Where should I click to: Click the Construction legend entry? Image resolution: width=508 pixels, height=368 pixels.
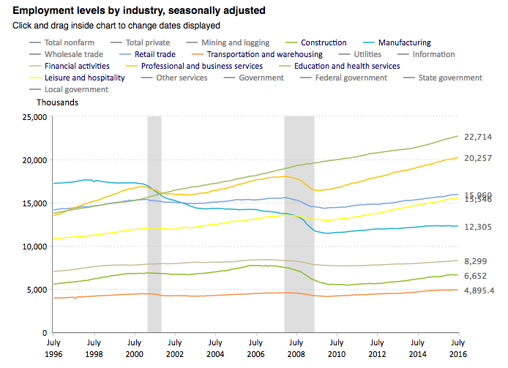coord(324,43)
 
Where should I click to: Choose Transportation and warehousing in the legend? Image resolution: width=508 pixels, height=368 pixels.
coord(265,54)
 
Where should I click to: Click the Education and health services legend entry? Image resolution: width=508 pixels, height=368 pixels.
coord(346,66)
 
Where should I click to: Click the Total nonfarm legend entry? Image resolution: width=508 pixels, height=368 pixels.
coord(69,43)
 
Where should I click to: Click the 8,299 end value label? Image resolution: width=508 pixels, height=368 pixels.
coord(477,261)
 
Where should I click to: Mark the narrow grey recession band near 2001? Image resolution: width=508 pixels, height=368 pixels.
coord(154,219)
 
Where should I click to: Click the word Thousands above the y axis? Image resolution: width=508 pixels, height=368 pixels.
coord(58,102)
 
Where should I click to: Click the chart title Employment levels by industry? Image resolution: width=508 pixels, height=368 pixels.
coord(139,11)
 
